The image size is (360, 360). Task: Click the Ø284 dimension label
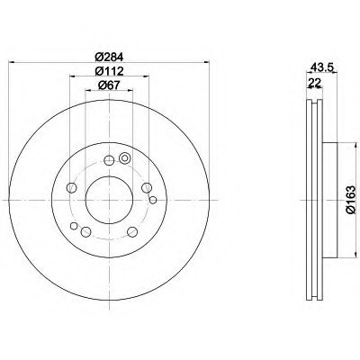coord(110,57)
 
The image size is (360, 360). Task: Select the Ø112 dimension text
coord(110,71)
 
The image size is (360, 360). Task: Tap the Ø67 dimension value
coord(109,85)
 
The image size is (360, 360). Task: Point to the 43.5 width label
coord(321,67)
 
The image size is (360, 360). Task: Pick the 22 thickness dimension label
coord(314,82)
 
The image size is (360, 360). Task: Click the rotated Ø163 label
coord(350,200)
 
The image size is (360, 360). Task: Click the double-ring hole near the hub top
coord(124,157)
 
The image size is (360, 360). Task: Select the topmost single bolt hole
coord(109,160)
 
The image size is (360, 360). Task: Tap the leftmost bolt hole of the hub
coord(71,188)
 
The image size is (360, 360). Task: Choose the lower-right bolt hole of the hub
coord(132,231)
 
